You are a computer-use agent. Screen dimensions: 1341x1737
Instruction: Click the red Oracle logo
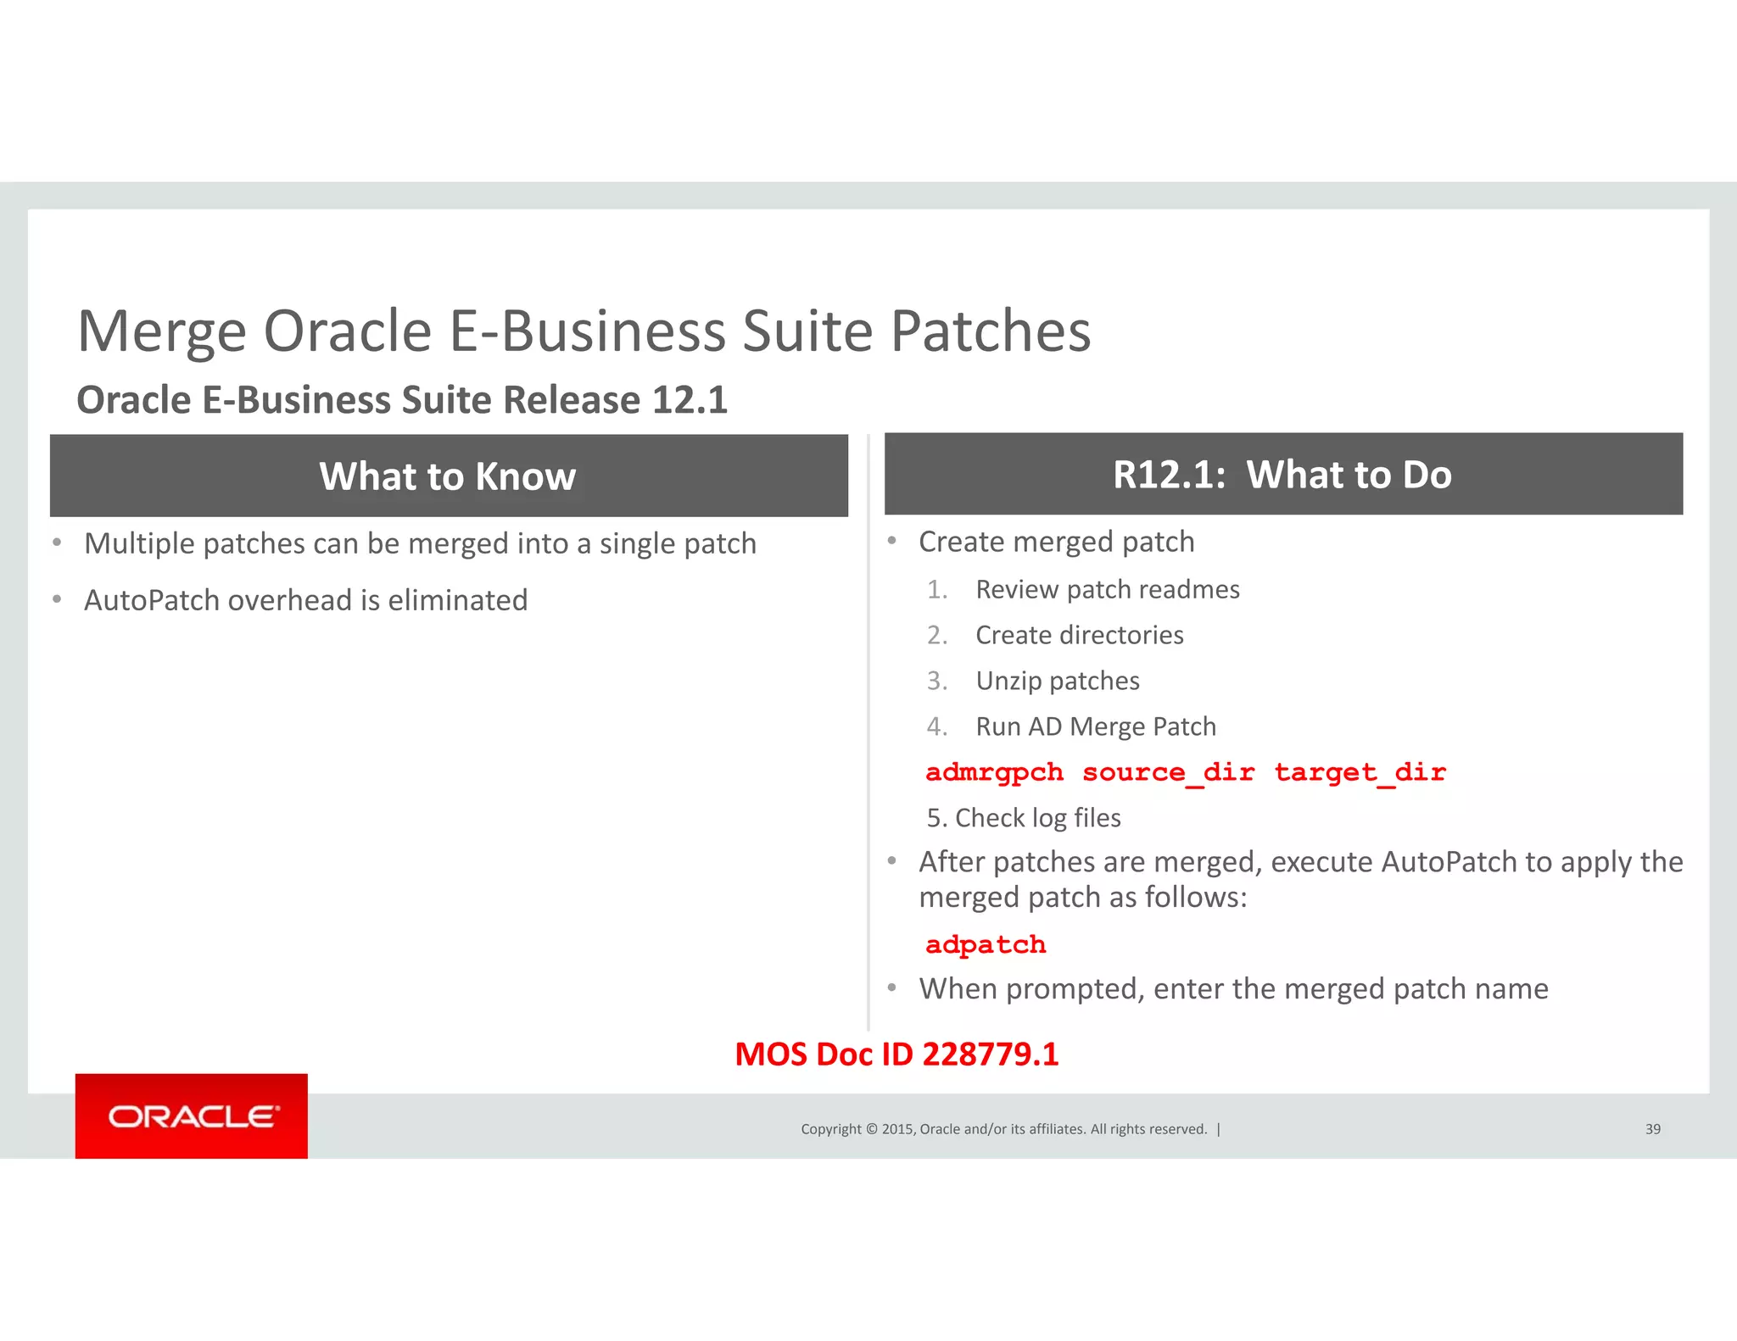[x=192, y=1116]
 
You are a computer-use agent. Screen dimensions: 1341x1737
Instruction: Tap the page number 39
[x=1652, y=1129]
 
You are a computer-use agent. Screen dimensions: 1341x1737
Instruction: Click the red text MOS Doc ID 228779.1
[x=896, y=1054]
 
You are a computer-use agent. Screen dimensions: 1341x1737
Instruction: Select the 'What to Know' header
[x=448, y=476]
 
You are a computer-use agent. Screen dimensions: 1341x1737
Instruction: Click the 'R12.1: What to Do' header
[x=1282, y=475]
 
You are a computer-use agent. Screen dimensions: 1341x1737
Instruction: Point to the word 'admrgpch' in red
[x=994, y=773]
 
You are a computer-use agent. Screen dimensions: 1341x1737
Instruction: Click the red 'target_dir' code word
[x=1360, y=773]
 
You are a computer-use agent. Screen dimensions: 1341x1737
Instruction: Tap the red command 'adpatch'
[x=986, y=945]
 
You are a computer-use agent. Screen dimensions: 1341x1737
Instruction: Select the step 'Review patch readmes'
[x=1107, y=589]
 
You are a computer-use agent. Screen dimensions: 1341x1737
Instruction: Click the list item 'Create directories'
[x=1079, y=635]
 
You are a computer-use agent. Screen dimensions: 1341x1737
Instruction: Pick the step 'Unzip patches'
[x=1057, y=681]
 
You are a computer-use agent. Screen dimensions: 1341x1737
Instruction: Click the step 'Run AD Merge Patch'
[x=1095, y=726]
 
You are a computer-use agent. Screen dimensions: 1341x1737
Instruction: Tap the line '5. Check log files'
[x=1024, y=818]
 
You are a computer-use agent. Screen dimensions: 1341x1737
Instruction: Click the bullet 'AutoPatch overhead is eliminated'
[x=305, y=600]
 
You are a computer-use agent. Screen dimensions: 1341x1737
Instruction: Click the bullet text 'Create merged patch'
[x=1056, y=542]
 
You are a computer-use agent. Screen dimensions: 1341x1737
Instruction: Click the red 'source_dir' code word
[x=1168, y=773]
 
